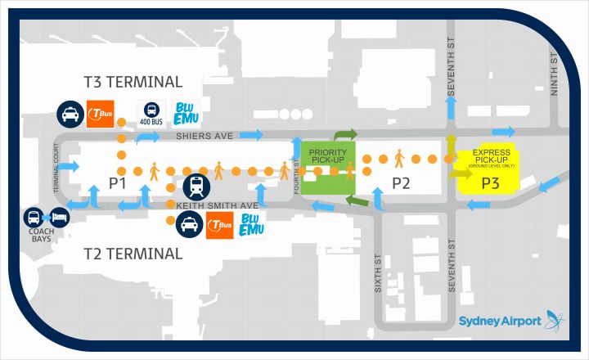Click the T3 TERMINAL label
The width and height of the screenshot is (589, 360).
(x=133, y=82)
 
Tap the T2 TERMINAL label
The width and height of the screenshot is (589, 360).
(x=133, y=254)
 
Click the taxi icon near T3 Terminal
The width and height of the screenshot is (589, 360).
(x=70, y=114)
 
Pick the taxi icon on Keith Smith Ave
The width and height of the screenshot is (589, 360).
(x=189, y=223)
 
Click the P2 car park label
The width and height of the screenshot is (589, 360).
(x=400, y=183)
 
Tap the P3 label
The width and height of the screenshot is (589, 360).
(x=490, y=183)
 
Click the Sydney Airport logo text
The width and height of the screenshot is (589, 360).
(x=500, y=321)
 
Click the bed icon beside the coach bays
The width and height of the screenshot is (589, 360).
(x=58, y=217)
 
